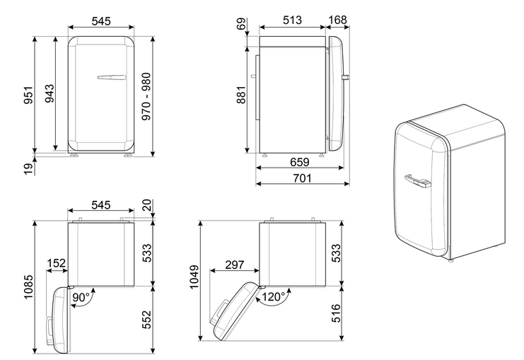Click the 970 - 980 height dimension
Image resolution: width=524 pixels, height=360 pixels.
pyautogui.click(x=146, y=97)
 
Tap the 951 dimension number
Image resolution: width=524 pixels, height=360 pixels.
pyautogui.click(x=29, y=95)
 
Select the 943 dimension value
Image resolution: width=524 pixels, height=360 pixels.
pyautogui.click(x=50, y=93)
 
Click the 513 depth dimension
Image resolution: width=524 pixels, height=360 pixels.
pyautogui.click(x=293, y=20)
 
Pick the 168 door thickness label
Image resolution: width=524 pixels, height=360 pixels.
pyautogui.click(x=337, y=20)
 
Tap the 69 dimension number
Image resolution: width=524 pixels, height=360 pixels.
pyautogui.click(x=241, y=24)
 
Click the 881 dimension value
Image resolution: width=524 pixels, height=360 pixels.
pyautogui.click(x=241, y=95)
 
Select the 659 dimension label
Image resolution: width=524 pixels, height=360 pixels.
pyautogui.click(x=299, y=162)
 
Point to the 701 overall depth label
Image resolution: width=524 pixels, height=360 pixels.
pyautogui.click(x=302, y=178)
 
